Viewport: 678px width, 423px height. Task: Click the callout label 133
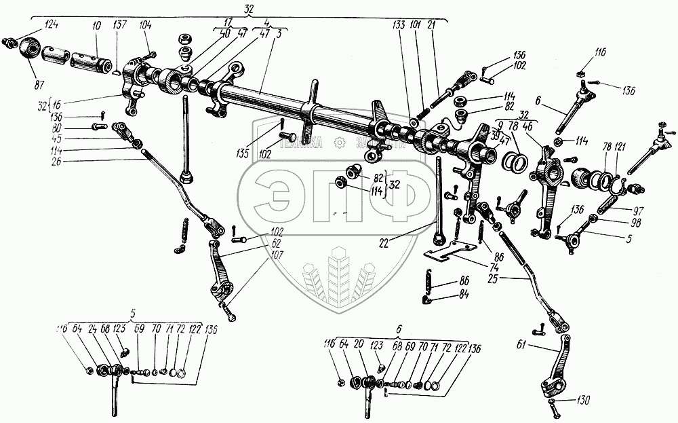399,26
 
